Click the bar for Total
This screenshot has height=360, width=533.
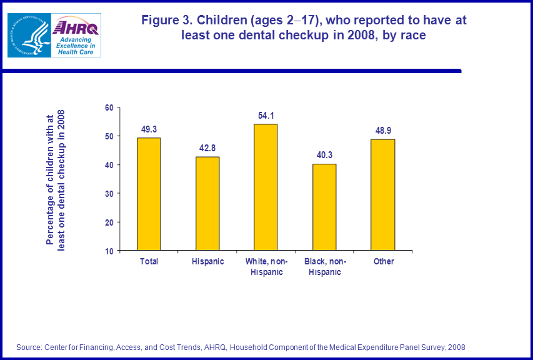(149, 194)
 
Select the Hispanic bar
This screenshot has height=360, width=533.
(207, 203)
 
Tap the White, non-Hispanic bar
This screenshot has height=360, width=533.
(266, 187)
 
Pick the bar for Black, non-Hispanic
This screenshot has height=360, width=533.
(324, 207)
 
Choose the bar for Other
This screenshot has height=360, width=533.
(383, 194)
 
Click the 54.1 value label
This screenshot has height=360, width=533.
(266, 116)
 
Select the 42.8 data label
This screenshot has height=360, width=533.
(207, 148)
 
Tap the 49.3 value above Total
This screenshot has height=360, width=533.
(149, 129)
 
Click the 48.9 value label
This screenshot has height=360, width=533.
(383, 131)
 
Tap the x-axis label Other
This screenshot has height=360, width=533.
(384, 261)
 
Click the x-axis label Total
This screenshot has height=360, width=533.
(149, 261)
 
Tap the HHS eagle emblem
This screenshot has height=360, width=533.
(28, 35)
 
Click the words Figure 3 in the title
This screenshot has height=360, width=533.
(166, 20)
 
